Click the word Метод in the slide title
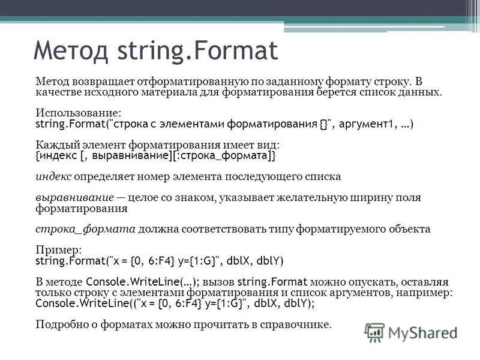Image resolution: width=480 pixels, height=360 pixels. coord(69,51)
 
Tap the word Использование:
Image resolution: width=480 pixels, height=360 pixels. coord(79,113)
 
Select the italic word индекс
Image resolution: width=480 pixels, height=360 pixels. coord(53,177)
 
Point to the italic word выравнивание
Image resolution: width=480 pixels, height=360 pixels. coord(75,197)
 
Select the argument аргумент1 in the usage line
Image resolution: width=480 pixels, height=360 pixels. coord(370,124)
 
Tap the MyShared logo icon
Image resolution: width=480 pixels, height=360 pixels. coord(375,332)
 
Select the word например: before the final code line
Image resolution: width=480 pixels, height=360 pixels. coord(428,292)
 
